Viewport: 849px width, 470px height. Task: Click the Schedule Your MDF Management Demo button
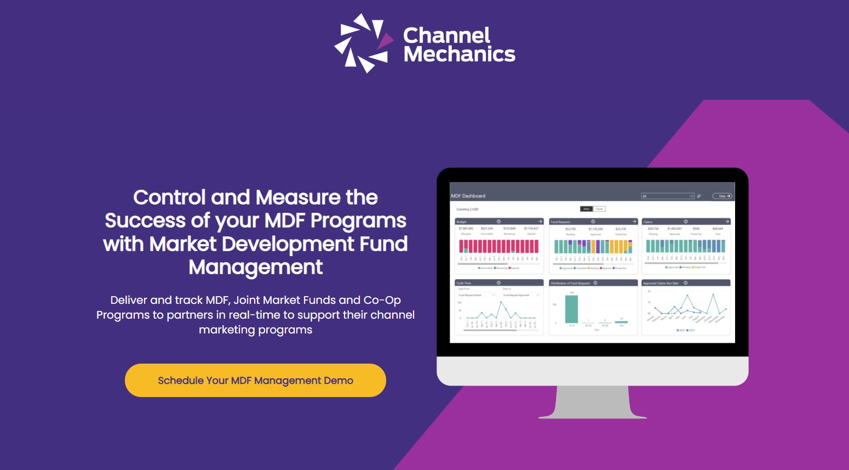[x=255, y=380]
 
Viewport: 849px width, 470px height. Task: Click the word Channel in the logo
[x=446, y=36]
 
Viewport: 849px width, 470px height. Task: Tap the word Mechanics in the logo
[x=459, y=54]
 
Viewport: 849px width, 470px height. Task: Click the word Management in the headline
[x=256, y=267]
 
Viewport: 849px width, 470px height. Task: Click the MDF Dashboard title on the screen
[x=468, y=196]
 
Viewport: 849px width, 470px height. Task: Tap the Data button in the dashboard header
[x=722, y=196]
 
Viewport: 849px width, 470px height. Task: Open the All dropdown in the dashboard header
[x=668, y=196]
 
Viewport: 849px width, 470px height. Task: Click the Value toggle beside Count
[x=586, y=209]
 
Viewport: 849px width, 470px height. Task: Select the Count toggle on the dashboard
[x=600, y=209]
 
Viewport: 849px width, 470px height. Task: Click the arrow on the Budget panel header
[x=540, y=222]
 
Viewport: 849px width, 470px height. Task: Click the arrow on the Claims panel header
[x=727, y=222]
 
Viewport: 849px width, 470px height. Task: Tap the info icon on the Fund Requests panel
[x=593, y=222]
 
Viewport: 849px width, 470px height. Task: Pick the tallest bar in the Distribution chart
[x=571, y=309]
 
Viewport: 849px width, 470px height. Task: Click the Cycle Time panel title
[x=464, y=283]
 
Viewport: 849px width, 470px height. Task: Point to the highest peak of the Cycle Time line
[x=501, y=302]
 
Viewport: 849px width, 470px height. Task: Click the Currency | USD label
[x=468, y=209]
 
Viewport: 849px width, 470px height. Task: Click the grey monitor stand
[x=593, y=403]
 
